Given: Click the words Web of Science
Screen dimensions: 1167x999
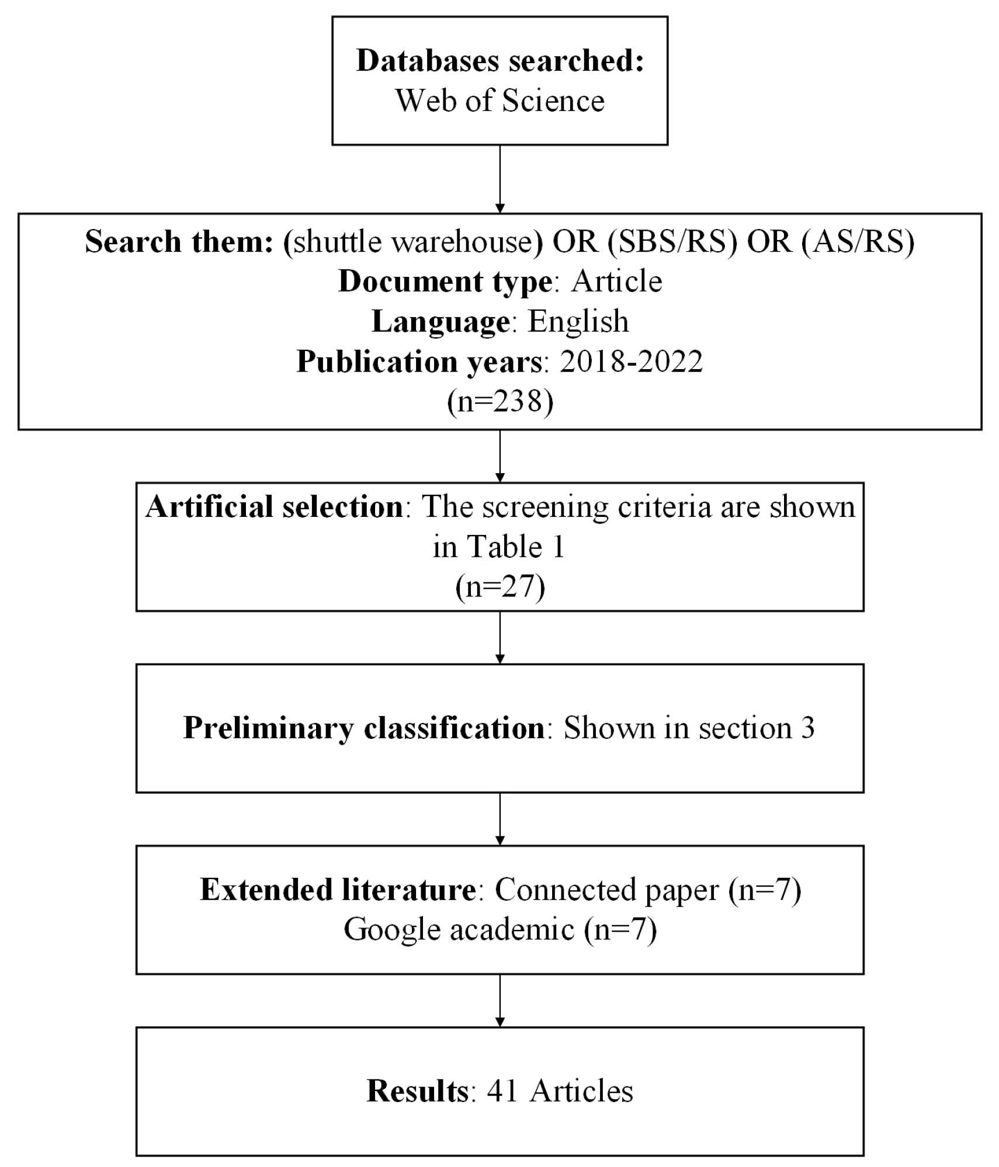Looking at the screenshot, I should tap(500, 100).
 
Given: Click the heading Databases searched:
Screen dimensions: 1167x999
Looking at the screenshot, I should tap(500, 60).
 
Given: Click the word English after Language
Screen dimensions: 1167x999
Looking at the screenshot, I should tap(578, 321).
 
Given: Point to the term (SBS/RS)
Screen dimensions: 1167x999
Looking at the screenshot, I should tap(672, 241).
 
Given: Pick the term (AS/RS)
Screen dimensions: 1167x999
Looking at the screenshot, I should tap(858, 241).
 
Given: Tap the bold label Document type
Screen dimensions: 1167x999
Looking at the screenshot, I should tap(445, 282).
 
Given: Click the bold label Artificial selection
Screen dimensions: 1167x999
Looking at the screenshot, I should tap(274, 506).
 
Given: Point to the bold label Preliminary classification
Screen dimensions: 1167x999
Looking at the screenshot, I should tap(364, 728).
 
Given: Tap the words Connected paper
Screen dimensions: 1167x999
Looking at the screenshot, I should tap(606, 890).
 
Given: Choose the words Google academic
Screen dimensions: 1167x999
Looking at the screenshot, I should tap(459, 929).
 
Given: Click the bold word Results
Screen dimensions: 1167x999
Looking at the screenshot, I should tap(417, 1090).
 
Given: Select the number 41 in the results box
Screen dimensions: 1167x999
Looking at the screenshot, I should tap(502, 1090).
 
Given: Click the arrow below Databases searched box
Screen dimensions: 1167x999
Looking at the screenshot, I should tap(500, 179).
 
